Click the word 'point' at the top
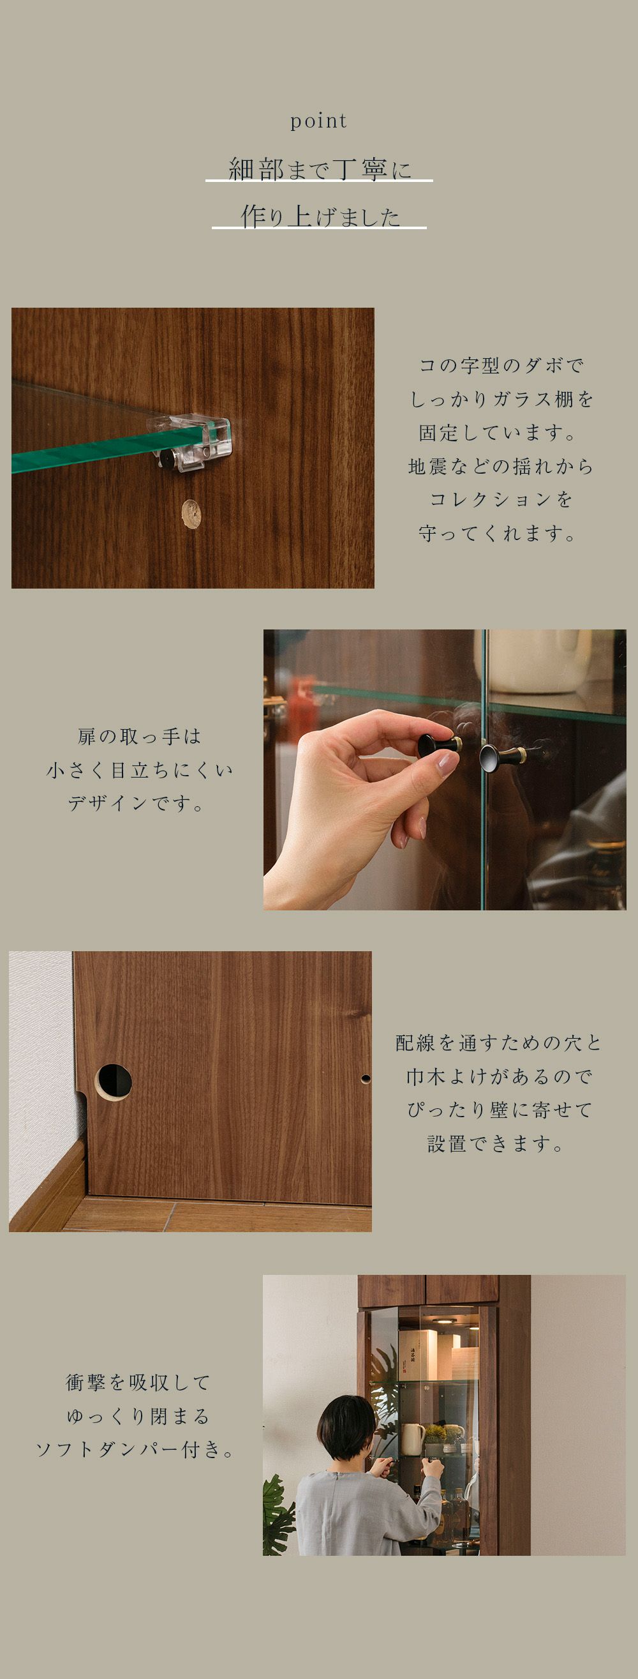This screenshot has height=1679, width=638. [318, 121]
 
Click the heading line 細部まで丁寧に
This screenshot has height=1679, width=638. [320, 169]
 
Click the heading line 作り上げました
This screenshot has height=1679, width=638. [320, 216]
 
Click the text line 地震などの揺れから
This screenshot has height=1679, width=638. [500, 465]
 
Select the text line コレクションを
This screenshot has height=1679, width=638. [500, 499]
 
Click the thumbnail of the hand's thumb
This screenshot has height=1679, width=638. [448, 764]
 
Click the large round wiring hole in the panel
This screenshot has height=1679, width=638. [114, 1081]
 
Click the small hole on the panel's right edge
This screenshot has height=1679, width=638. [366, 1079]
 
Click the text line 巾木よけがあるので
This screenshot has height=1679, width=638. [499, 1076]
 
